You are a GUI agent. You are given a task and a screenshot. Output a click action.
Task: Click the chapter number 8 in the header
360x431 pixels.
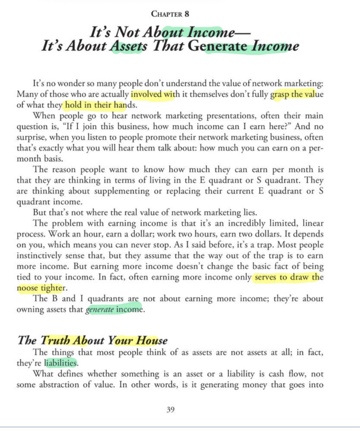pyautogui.click(x=187, y=13)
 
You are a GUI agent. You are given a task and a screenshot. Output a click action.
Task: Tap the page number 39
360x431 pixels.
pyautogui.click(x=171, y=409)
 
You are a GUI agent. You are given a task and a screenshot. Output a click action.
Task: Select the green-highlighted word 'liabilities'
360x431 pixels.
pyautogui.click(x=61, y=363)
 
